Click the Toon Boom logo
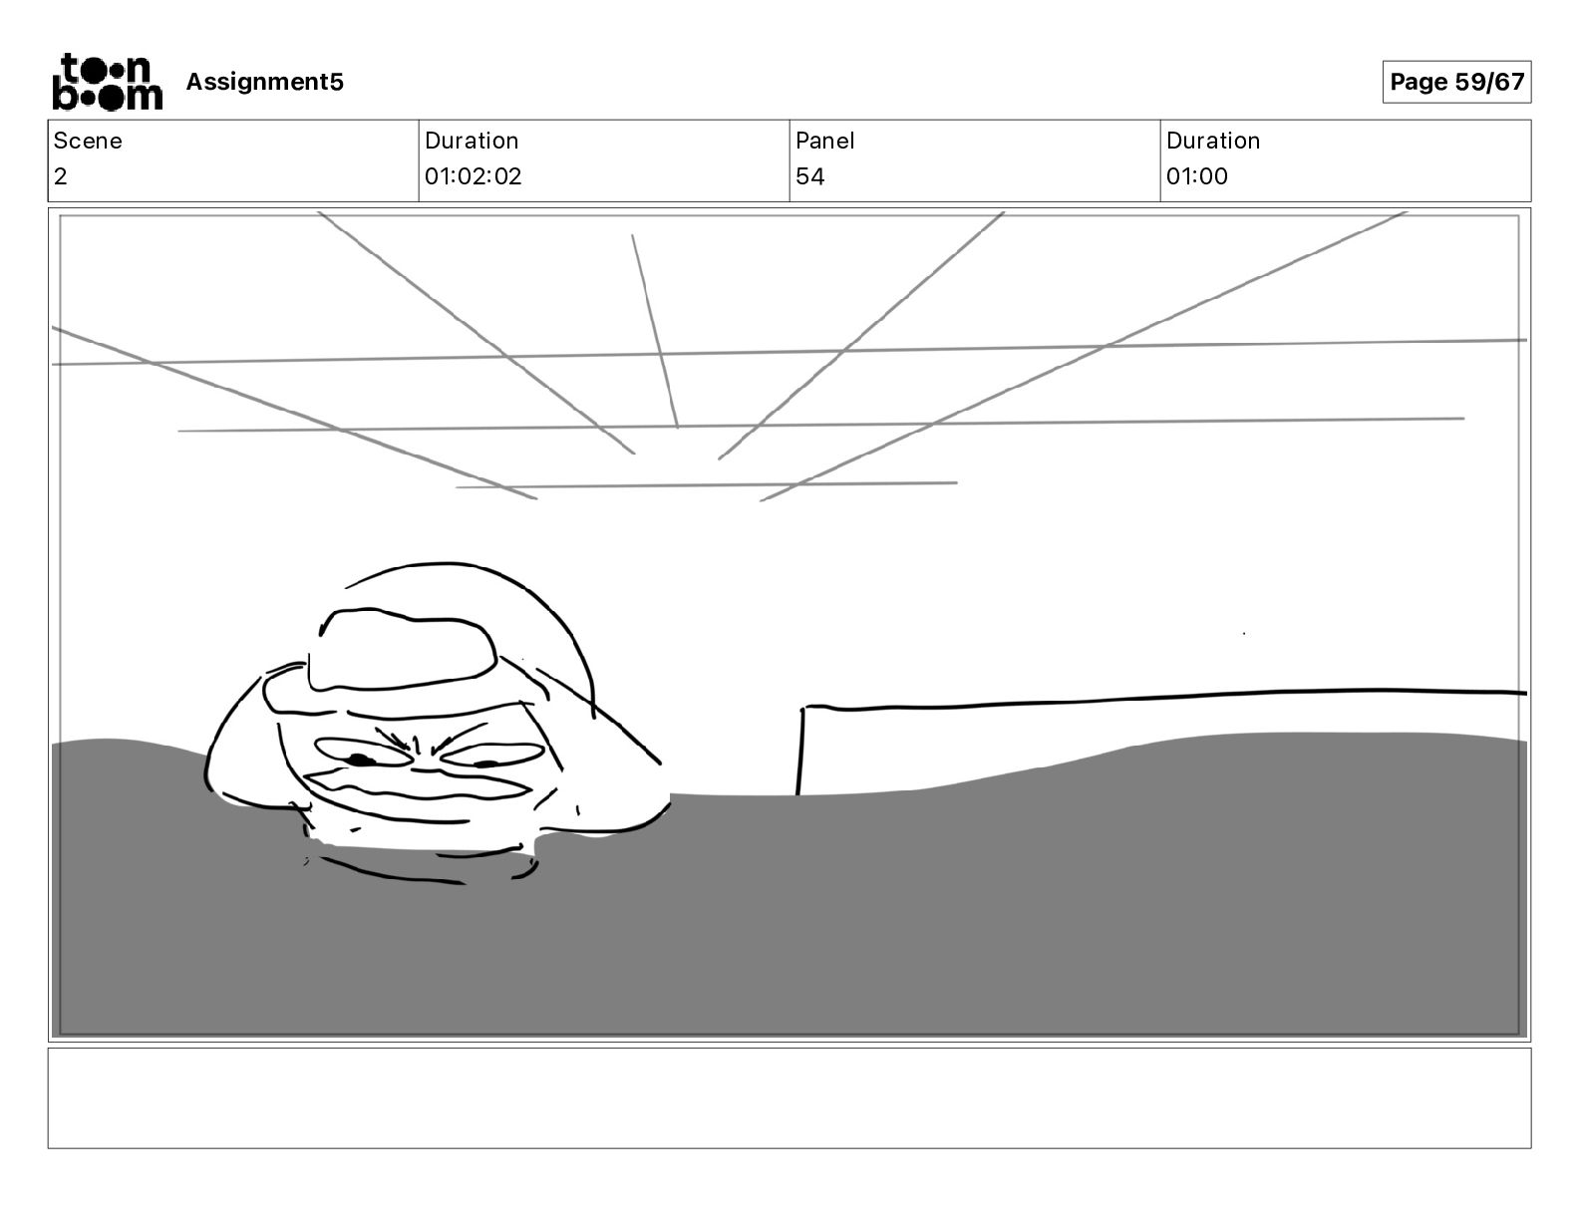click(107, 81)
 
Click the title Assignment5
click(264, 82)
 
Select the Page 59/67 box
click(1456, 82)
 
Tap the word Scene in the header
click(88, 141)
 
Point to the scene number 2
click(61, 176)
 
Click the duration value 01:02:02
click(473, 176)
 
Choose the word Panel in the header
click(824, 141)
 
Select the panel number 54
click(809, 176)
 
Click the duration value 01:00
click(1196, 176)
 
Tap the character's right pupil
click(487, 764)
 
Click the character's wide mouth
click(419, 786)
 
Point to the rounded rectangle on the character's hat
click(402, 649)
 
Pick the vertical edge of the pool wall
click(800, 750)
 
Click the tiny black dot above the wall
click(1244, 633)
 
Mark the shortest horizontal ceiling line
click(706, 485)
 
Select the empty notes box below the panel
click(789, 1097)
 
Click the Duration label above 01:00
click(1212, 141)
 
